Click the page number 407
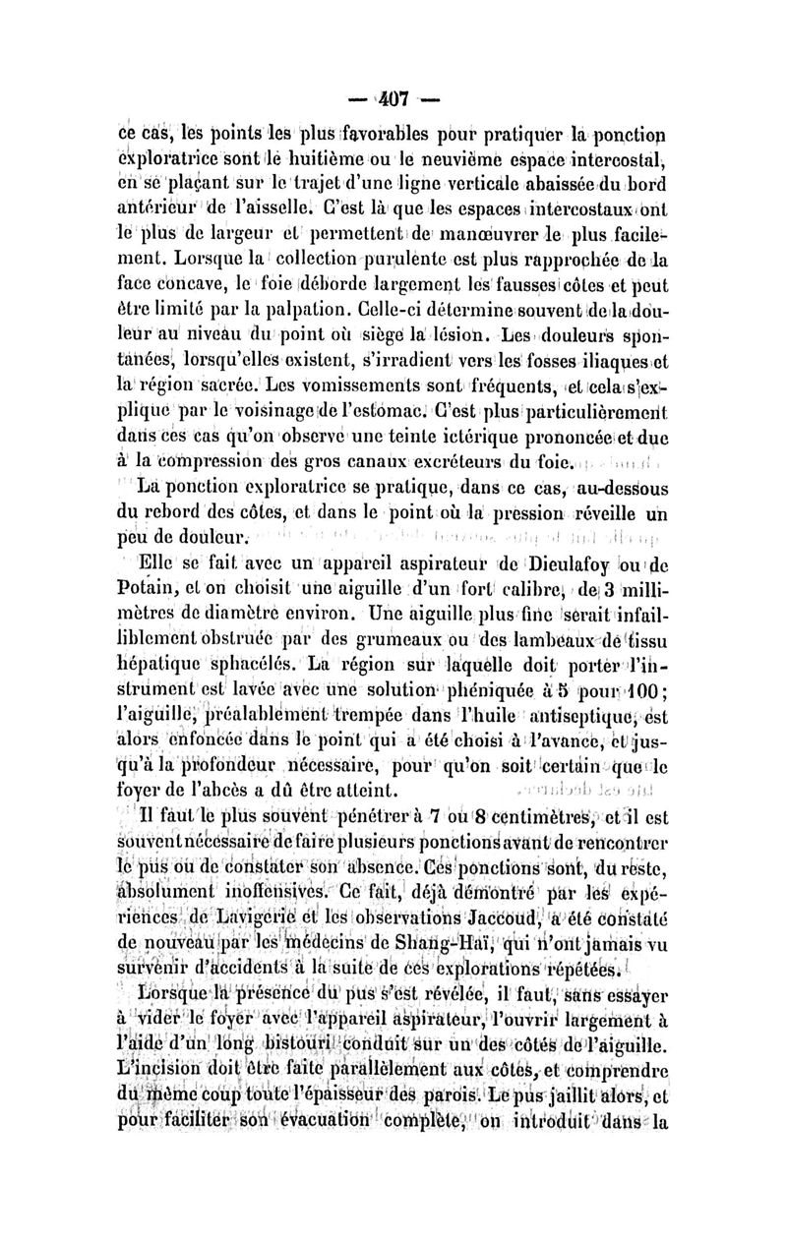click(x=393, y=98)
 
